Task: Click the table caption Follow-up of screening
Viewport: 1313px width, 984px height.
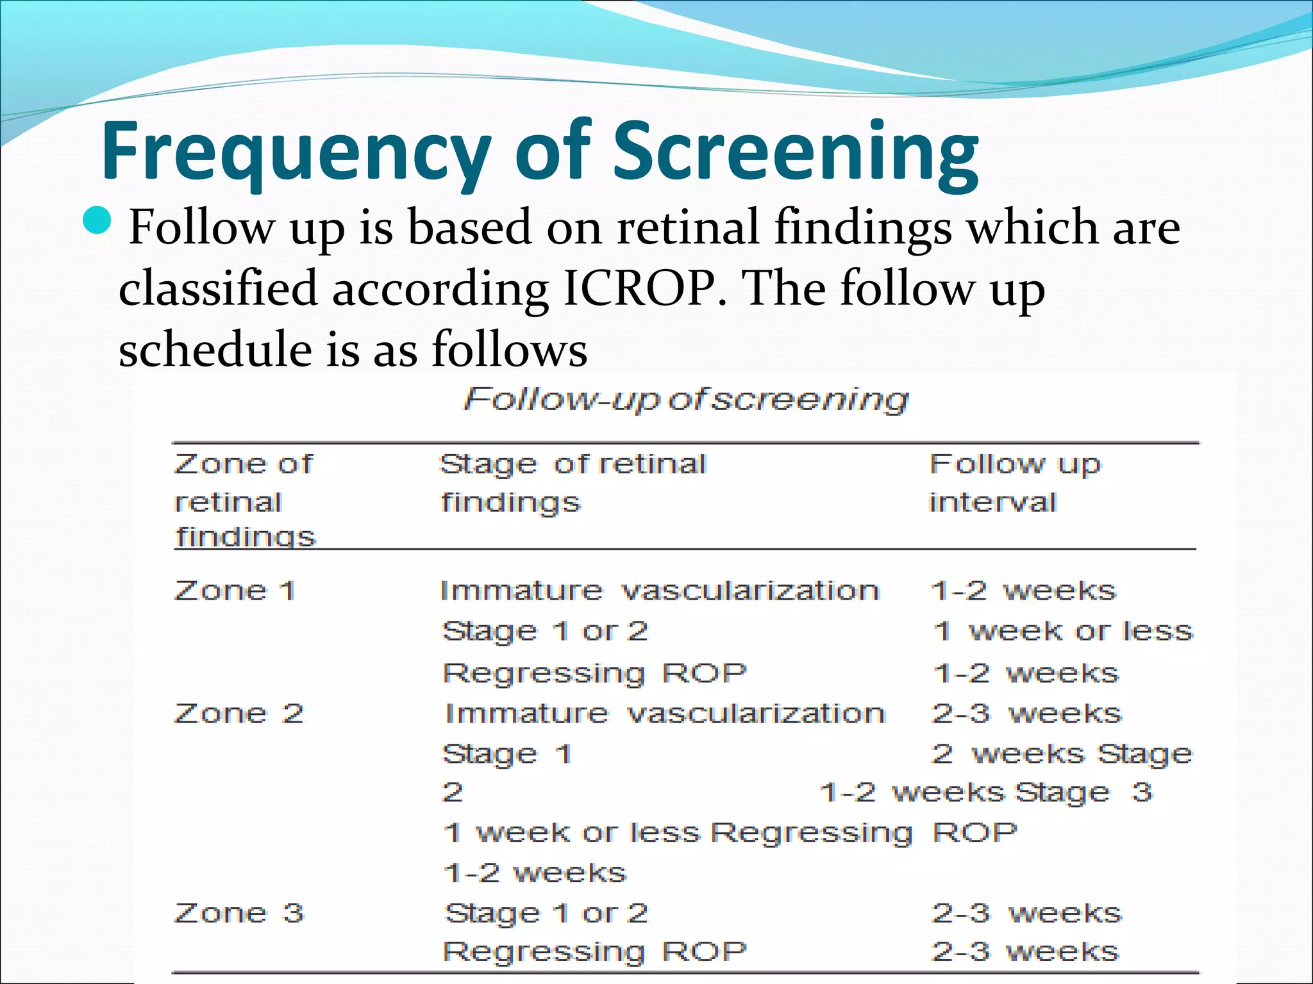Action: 685,400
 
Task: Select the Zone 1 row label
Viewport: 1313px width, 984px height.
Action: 235,591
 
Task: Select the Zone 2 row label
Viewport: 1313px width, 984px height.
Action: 238,714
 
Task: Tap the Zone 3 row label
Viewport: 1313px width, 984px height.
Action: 238,913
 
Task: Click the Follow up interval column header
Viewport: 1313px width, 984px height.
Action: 1014,483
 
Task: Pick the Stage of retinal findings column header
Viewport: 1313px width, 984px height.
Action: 573,483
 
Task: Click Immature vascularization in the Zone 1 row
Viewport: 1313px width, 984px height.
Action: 659,591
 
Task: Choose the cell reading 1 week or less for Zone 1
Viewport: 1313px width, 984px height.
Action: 1062,632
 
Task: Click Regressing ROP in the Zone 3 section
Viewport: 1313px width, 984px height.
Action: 594,952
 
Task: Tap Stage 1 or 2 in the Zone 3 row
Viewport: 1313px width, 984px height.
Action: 546,913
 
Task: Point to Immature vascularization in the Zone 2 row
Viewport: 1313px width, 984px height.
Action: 665,714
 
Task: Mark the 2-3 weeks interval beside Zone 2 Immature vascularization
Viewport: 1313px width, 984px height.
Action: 1026,714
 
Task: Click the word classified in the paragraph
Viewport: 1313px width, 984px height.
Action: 218,288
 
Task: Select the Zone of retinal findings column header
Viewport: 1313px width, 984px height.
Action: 244,500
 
